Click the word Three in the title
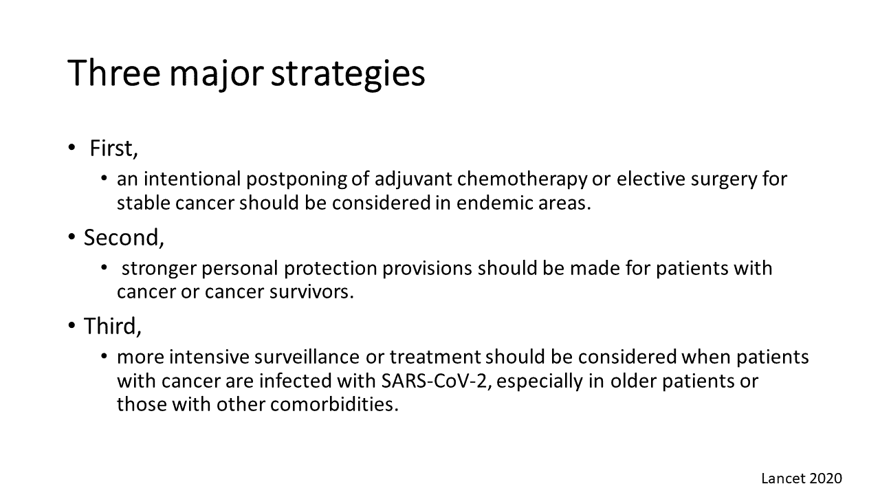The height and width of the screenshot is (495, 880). [114, 72]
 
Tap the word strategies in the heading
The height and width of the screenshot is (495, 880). [348, 75]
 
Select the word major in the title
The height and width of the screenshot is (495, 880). [216, 75]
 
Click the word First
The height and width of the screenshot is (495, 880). [113, 148]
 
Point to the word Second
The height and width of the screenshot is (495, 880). [124, 237]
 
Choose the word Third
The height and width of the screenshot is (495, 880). [112, 326]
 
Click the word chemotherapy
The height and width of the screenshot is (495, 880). [522, 179]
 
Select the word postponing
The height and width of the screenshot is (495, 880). [296, 179]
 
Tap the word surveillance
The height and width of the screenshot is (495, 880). [307, 357]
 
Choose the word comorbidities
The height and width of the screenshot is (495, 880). [334, 404]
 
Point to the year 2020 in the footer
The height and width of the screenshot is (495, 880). [826, 478]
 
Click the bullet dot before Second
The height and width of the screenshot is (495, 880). [71, 237]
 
